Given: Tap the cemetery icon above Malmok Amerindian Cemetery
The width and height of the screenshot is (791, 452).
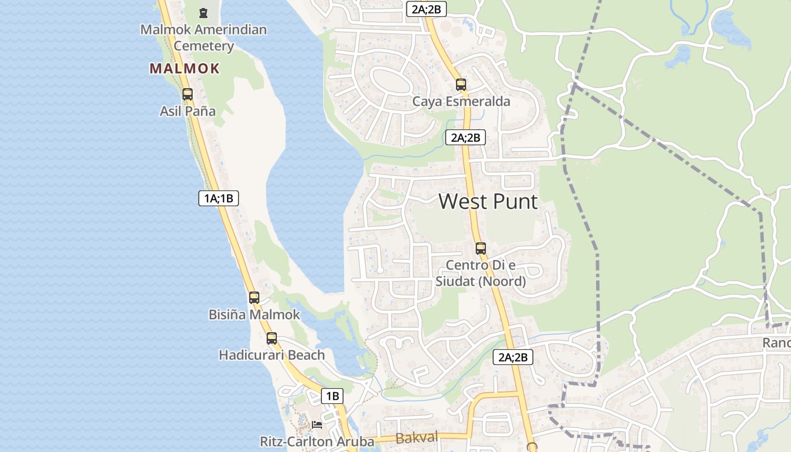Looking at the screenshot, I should click(x=203, y=12).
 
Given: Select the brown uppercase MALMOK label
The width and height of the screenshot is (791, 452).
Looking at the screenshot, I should click(x=184, y=69).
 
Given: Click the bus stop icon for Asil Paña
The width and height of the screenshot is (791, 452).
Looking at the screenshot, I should click(x=188, y=94).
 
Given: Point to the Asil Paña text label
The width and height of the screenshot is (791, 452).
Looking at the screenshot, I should click(x=188, y=111).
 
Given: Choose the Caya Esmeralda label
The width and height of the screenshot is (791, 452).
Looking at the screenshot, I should click(x=461, y=102).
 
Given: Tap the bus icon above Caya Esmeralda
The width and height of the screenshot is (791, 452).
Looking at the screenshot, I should click(x=461, y=85).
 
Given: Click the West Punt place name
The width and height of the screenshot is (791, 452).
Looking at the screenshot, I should click(x=488, y=202).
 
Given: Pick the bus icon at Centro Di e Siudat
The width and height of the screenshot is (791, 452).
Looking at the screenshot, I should click(x=481, y=248).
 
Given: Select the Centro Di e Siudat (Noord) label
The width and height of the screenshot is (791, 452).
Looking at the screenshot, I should click(x=481, y=273).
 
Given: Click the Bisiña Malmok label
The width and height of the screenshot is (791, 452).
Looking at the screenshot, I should click(x=254, y=315).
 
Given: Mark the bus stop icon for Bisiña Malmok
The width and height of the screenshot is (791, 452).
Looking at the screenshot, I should click(x=254, y=298).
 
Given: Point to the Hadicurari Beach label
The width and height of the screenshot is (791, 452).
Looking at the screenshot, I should click(x=272, y=355).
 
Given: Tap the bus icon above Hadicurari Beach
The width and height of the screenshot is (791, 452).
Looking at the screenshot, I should click(x=272, y=338).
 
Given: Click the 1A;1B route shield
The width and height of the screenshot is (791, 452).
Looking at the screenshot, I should click(x=219, y=198).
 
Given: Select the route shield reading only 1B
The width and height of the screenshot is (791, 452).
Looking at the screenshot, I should click(x=332, y=396).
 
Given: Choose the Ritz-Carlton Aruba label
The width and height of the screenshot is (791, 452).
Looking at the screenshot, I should click(x=317, y=441).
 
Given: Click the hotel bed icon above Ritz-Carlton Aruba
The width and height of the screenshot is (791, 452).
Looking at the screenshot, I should click(x=317, y=424).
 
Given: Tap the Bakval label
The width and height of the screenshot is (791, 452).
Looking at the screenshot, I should click(x=417, y=438).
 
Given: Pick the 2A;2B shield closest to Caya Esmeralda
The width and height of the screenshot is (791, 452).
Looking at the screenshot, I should click(x=466, y=137).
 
